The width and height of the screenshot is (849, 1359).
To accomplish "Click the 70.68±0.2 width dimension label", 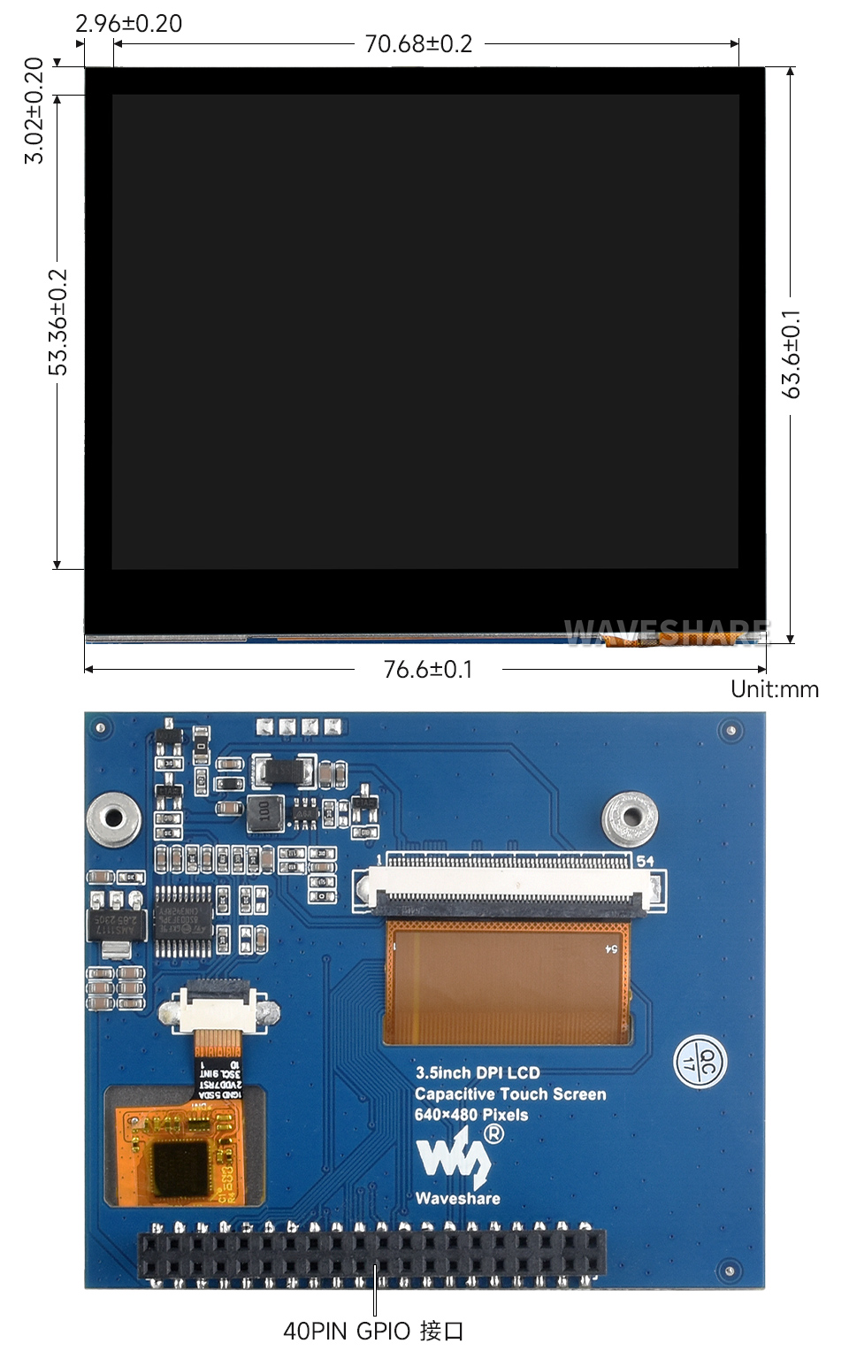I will point(418,43).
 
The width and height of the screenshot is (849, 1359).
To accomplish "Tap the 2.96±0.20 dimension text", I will point(129,24).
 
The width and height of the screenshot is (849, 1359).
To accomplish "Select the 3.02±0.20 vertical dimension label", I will point(34,111).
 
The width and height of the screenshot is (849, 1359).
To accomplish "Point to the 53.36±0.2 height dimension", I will point(58,322).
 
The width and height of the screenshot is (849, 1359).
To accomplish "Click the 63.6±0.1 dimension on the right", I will point(792,354).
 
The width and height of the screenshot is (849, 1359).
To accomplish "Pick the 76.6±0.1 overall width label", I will point(428,669).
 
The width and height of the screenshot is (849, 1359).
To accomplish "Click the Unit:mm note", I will point(775,689).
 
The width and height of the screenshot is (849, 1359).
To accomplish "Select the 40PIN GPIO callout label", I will point(373,1331).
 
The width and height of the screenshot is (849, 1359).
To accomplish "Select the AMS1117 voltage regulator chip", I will point(115,925).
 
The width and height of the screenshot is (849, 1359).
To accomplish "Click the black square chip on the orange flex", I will point(180,1169).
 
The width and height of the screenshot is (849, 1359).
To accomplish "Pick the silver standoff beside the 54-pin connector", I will point(630,817).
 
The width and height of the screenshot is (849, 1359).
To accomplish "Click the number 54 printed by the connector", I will point(646,861).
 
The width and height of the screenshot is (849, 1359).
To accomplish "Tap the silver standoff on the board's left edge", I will point(112,818).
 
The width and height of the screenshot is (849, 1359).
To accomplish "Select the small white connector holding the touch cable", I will point(218,1008).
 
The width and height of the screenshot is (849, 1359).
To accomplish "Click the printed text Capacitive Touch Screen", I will point(510,1094).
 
